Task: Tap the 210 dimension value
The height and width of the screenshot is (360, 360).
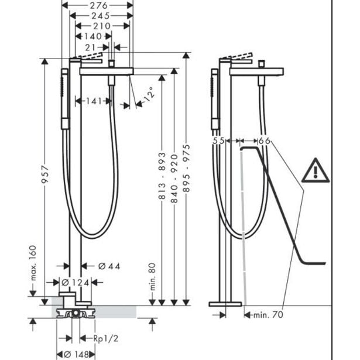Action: point(101,26)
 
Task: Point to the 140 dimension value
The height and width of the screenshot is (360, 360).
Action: point(92,36)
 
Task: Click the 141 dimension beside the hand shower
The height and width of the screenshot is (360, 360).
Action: point(93,101)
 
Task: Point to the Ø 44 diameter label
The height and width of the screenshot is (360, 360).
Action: point(109,267)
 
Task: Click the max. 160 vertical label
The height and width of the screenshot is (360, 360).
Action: point(33,263)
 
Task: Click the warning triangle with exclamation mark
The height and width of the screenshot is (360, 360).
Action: point(316,170)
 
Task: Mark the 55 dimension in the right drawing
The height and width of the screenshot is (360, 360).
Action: point(219,141)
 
